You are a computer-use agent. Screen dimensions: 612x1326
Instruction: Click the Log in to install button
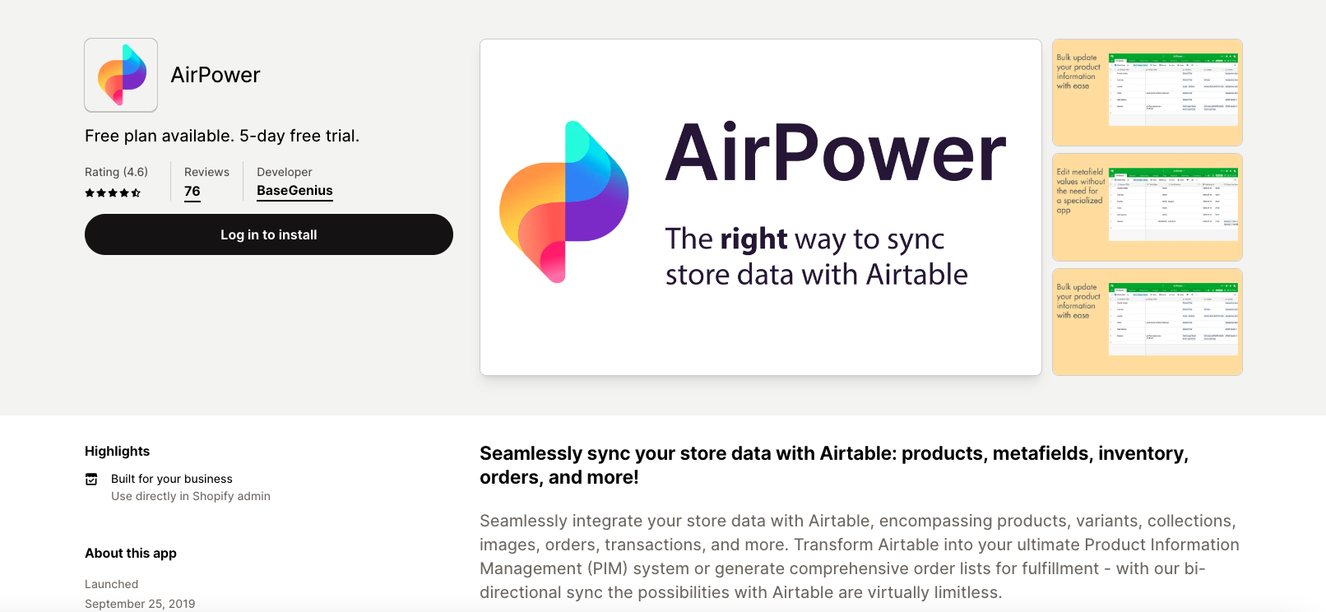[x=268, y=234]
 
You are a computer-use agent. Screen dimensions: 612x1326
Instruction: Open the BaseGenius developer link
[x=294, y=191]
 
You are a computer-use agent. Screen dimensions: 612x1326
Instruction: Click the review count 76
[x=192, y=192]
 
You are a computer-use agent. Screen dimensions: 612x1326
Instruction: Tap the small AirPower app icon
[x=121, y=75]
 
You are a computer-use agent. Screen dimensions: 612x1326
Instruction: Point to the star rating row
[x=113, y=193]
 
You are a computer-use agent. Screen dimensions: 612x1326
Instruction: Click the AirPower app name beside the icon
[x=216, y=75]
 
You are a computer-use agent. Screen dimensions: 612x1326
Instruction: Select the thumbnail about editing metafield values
[x=1147, y=207]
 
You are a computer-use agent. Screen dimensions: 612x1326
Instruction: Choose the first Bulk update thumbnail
[x=1147, y=92]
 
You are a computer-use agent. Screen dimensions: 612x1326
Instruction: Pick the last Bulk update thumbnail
[x=1147, y=322]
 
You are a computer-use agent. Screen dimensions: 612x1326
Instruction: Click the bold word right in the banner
[x=753, y=239]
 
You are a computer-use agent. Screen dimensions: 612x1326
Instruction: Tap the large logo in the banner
[x=564, y=202]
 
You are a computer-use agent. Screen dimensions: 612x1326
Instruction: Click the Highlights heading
[x=118, y=451]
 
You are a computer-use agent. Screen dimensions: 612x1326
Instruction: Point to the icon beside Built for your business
[x=91, y=479]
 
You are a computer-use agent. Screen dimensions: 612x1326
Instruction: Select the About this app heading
[x=131, y=553]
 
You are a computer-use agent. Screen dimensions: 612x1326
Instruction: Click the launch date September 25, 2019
[x=140, y=603]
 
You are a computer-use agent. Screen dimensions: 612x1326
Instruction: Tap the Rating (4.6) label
[x=116, y=172]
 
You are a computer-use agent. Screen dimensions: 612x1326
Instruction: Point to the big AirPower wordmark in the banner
[x=835, y=153]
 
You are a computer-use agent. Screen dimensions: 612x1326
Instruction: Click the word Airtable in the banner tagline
[x=916, y=275]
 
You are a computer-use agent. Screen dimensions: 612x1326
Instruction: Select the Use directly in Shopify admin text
[x=191, y=496]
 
